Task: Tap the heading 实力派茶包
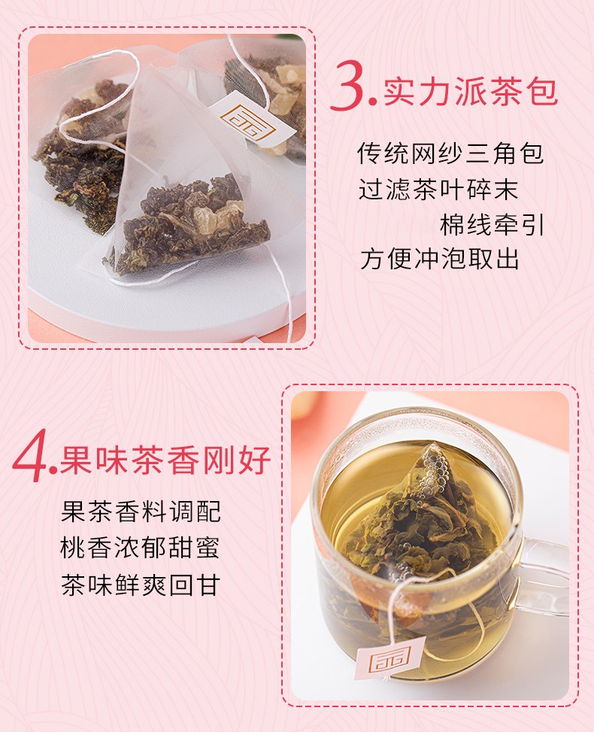pyautogui.click(x=471, y=92)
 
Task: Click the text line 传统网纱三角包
pyautogui.click(x=450, y=153)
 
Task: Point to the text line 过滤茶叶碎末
pyautogui.click(x=438, y=189)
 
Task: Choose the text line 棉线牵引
pyautogui.click(x=492, y=225)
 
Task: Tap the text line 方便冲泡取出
pyautogui.click(x=439, y=260)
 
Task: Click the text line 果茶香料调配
pyautogui.click(x=141, y=512)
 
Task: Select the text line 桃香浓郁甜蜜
pyautogui.click(x=140, y=548)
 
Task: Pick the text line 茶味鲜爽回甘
pyautogui.click(x=141, y=585)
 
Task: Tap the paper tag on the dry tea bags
pyautogui.click(x=251, y=119)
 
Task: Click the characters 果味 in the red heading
pyautogui.click(x=94, y=460)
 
